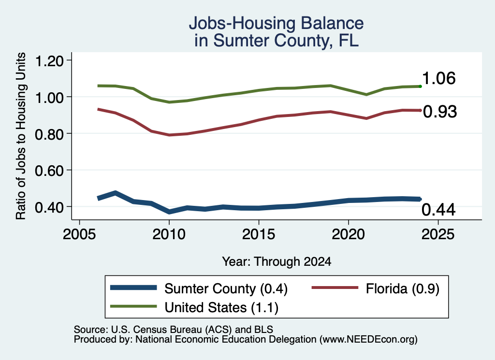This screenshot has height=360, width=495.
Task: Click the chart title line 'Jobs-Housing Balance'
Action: [276, 23]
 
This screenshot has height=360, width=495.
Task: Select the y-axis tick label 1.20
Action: [49, 60]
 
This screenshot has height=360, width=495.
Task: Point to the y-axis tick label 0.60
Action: [49, 171]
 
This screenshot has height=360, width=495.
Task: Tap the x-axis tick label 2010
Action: [169, 234]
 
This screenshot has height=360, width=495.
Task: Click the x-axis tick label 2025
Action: [438, 234]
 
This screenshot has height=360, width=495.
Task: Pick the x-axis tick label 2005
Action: [80, 234]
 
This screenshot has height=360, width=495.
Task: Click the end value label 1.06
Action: [439, 78]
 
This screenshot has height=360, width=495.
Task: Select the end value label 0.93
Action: [440, 112]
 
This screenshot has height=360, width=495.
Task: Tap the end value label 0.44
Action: [438, 210]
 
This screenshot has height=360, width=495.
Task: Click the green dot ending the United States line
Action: [420, 86]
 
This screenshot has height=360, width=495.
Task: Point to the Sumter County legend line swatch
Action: [133, 288]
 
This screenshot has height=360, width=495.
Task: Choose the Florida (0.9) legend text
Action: [403, 288]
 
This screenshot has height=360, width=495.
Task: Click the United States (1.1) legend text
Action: [221, 308]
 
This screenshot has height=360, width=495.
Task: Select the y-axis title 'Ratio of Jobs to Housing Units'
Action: [21, 136]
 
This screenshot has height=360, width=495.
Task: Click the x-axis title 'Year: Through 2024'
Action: [277, 261]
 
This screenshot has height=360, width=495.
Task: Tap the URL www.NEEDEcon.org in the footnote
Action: [368, 340]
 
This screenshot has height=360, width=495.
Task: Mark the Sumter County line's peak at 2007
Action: [116, 193]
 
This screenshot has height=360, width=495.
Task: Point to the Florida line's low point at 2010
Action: [170, 135]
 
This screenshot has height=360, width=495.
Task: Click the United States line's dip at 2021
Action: [366, 94]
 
